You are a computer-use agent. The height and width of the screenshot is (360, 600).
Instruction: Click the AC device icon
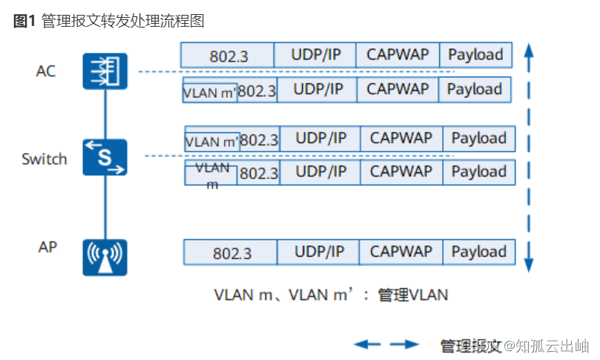[105, 71]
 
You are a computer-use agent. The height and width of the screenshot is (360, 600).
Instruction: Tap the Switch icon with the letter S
[105, 157]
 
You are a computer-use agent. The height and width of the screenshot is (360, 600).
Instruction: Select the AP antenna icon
[105, 257]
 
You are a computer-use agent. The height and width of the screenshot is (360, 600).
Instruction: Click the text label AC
[46, 71]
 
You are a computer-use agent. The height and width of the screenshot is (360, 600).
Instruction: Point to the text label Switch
[44, 159]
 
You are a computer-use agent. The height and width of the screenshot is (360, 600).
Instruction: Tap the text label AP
[47, 247]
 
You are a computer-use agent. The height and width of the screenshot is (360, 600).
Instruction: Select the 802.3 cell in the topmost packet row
[228, 56]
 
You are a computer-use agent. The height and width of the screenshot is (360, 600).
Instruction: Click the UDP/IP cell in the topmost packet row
[314, 55]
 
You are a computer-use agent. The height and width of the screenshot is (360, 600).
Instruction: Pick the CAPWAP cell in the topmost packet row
[397, 55]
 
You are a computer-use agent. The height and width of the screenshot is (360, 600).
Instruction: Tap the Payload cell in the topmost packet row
[475, 55]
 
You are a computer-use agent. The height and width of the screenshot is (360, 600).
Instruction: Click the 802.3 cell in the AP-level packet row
[231, 253]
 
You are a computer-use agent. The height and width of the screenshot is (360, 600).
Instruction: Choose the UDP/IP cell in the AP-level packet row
[320, 252]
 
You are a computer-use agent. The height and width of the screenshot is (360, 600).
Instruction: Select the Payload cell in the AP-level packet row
[478, 252]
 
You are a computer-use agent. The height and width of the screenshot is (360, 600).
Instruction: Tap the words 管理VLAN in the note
[413, 295]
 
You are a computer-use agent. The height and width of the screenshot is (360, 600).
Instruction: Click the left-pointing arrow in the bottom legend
[367, 344]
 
